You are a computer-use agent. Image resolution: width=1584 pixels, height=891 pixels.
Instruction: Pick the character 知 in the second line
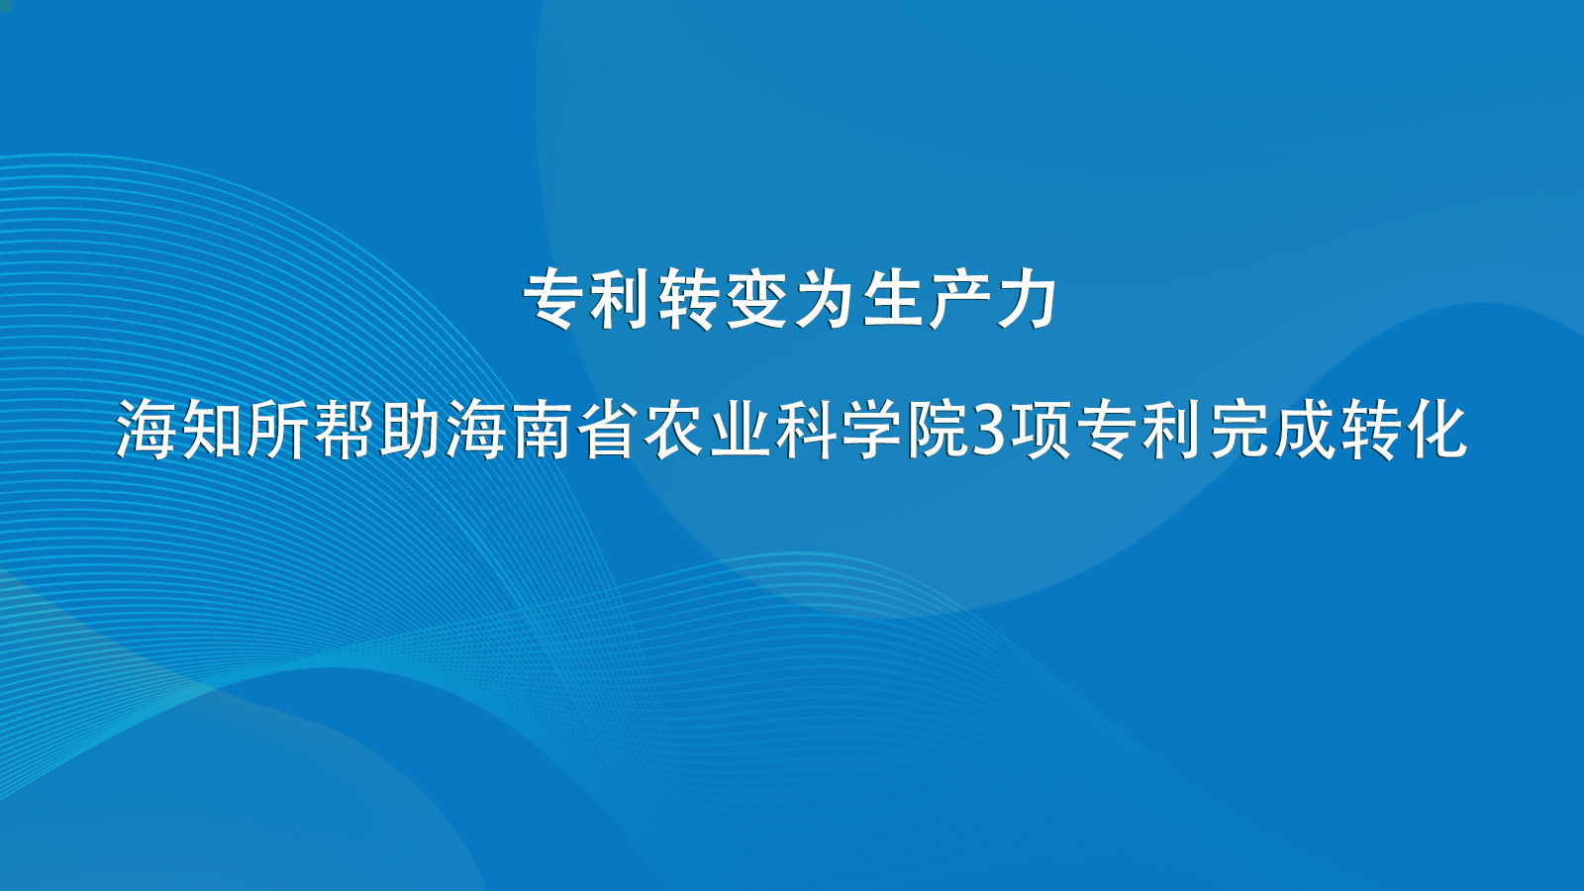212,430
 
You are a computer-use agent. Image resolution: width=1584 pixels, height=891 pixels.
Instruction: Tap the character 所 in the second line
277,430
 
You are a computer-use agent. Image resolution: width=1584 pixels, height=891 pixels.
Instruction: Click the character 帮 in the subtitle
343,430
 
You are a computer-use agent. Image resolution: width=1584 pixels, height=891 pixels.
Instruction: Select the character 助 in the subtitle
410,430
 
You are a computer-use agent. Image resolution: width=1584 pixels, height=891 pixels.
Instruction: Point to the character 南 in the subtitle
542,430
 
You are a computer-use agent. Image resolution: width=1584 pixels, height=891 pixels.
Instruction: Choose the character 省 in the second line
608,430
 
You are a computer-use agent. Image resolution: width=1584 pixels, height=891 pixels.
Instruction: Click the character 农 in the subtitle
674,430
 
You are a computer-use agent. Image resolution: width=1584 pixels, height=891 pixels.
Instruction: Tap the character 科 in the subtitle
806,430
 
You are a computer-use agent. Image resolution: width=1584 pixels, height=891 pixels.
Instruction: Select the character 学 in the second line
872,430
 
